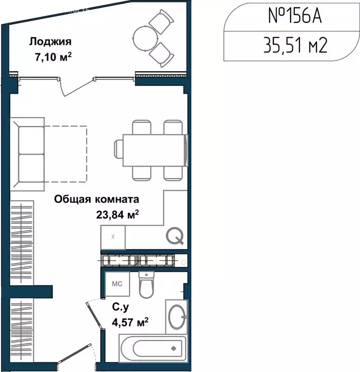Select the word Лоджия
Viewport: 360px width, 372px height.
(x=47, y=41)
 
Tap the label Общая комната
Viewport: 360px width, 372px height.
(x=97, y=199)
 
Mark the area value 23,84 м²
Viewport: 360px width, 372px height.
(x=118, y=215)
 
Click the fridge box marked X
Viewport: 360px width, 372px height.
(x=113, y=237)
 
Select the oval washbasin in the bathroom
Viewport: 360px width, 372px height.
(x=176, y=317)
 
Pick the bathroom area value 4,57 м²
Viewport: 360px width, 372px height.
(x=130, y=321)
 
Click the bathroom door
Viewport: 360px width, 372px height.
(x=94, y=317)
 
